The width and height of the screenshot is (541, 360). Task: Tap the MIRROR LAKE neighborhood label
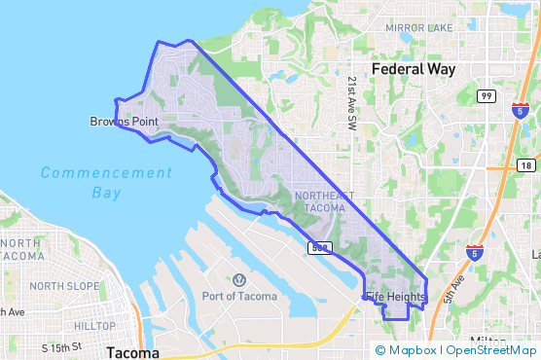(x=418, y=28)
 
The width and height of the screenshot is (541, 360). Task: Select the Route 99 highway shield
(x=487, y=95)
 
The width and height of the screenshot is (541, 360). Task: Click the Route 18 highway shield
(x=525, y=166)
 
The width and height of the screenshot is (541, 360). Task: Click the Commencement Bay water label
(x=106, y=182)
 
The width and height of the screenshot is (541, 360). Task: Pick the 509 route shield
(x=319, y=248)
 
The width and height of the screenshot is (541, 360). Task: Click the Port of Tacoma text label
(x=238, y=296)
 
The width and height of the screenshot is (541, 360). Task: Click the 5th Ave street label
(x=454, y=289)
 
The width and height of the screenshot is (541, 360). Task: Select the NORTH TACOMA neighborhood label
(x=21, y=249)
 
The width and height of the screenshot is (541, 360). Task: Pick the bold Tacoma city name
(x=132, y=351)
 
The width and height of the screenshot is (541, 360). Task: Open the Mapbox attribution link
(x=412, y=350)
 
